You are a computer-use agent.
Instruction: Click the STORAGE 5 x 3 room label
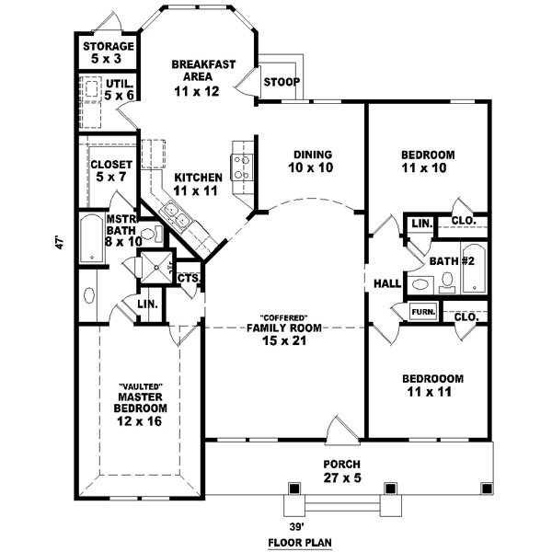pos(109,52)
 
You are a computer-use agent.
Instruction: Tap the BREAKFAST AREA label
pos(204,77)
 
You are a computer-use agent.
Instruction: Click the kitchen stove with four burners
pos(243,163)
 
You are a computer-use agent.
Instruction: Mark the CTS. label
pos(189,278)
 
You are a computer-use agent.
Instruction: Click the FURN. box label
pos(422,312)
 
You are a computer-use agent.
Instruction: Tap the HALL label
pos(385,283)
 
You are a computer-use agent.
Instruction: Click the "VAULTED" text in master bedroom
pos(140,386)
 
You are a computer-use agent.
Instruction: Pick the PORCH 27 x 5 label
pos(340,470)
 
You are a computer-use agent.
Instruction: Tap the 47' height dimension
pos(58,244)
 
